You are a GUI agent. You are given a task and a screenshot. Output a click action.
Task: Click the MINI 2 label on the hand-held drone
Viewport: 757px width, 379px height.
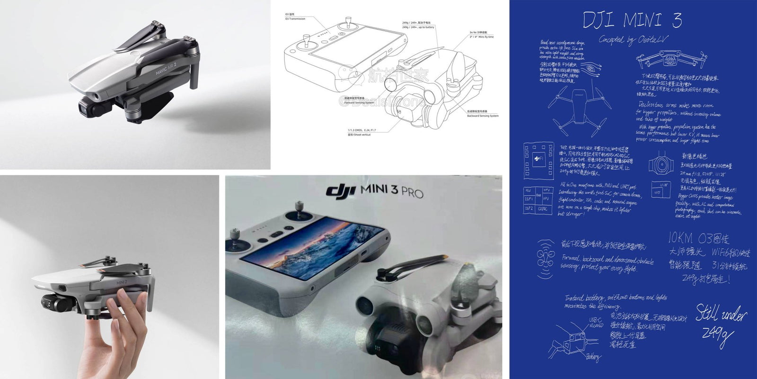pyautogui.click(x=122, y=283)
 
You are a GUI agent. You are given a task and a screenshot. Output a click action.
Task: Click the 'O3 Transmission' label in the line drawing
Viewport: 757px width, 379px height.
pyautogui.click(x=295, y=19)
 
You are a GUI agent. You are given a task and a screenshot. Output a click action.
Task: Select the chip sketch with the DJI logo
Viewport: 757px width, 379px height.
pyautogui.click(x=538, y=160)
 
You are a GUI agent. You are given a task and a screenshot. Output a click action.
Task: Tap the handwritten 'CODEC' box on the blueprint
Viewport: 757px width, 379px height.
pyautogui.click(x=543, y=208)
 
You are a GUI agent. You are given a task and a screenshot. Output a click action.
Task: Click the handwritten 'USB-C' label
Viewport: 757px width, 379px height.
pyautogui.click(x=595, y=320)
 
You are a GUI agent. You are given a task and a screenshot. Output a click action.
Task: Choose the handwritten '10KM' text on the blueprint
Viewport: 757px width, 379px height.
pyautogui.click(x=680, y=238)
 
